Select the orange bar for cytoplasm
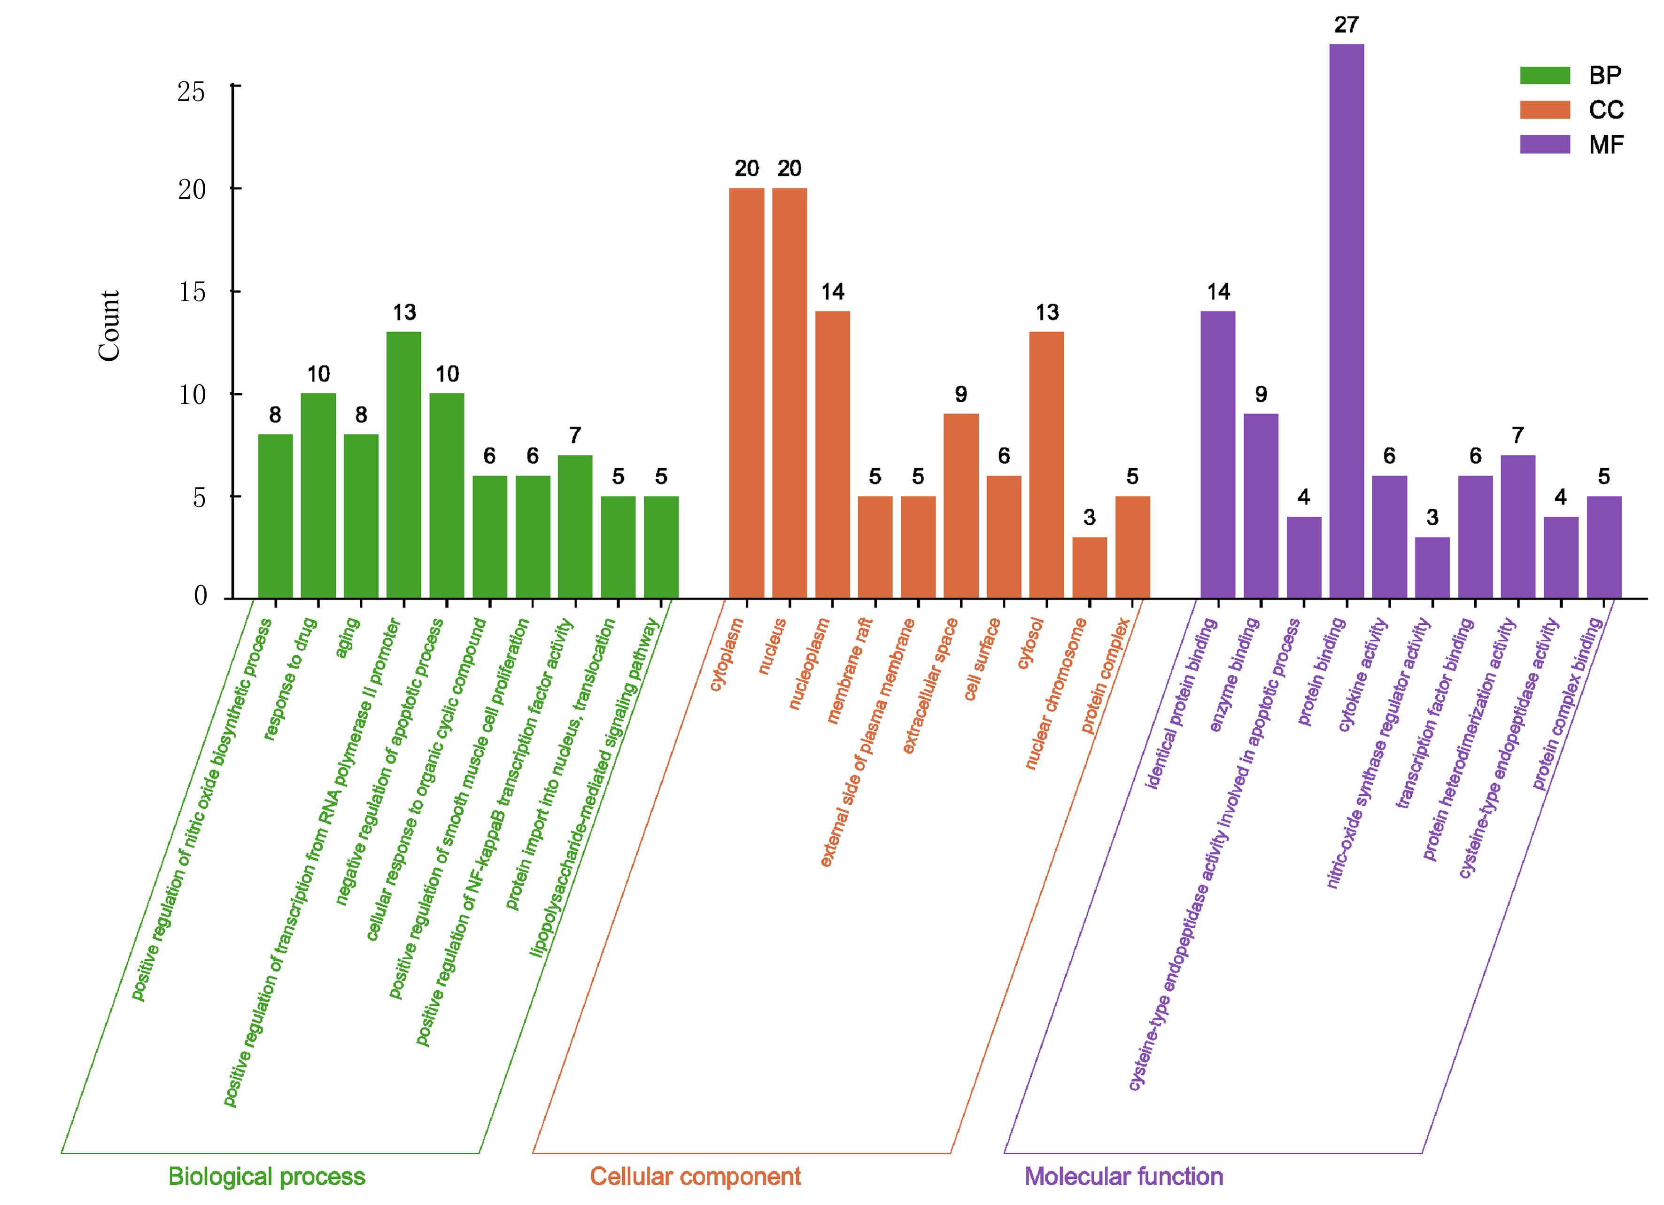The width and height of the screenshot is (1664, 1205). [746, 393]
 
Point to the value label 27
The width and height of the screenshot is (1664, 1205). [1347, 25]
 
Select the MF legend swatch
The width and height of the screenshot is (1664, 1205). [1544, 145]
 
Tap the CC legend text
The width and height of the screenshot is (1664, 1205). [1607, 110]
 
